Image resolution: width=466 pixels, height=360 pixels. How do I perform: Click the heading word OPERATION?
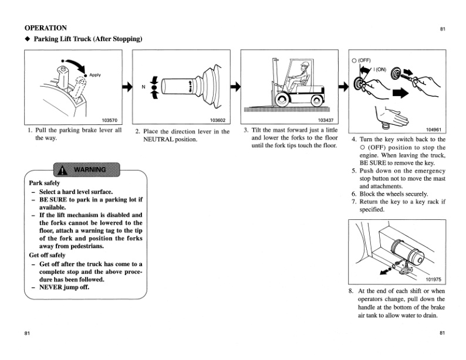pos(45,28)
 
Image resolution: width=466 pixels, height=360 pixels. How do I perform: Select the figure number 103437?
pos(326,119)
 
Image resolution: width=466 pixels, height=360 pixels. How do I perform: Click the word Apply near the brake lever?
pos(95,75)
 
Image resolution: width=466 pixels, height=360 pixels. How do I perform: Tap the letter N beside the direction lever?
pos(143,87)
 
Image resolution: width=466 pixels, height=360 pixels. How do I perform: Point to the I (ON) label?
pos(380,69)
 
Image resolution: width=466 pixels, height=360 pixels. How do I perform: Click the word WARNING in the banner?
pos(89,170)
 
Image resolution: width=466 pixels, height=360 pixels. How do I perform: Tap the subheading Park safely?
pos(44,184)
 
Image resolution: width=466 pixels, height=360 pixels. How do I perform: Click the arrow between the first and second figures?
pos(126,87)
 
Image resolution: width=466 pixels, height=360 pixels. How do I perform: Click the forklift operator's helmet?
pos(303,65)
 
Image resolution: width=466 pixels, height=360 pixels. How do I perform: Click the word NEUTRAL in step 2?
pos(160,140)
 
